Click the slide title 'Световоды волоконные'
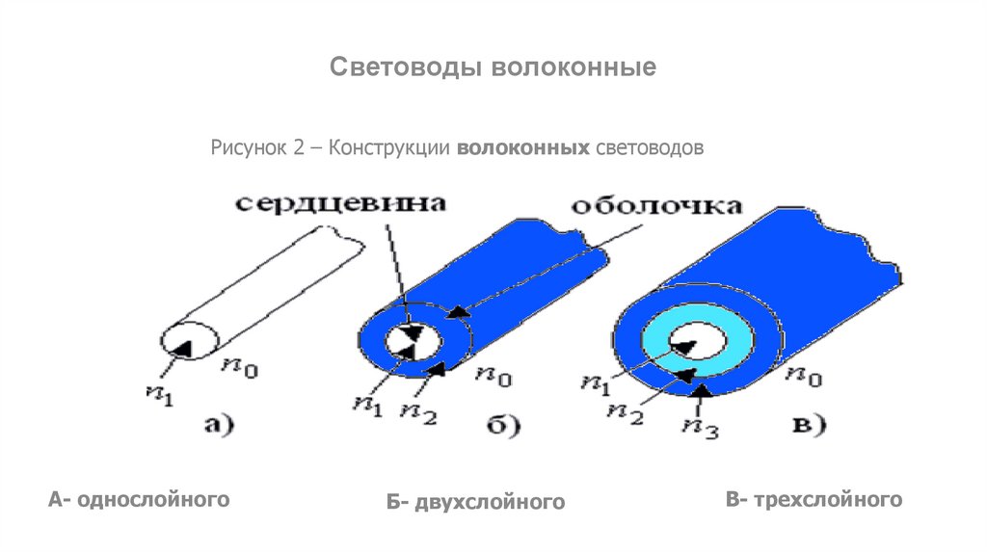(x=493, y=68)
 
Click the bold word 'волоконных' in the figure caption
(x=523, y=149)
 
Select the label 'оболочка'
(x=657, y=206)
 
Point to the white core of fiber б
(x=413, y=341)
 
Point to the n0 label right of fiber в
(x=802, y=379)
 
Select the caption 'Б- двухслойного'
(x=474, y=502)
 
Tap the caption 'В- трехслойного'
(x=814, y=499)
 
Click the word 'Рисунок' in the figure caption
(x=246, y=149)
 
